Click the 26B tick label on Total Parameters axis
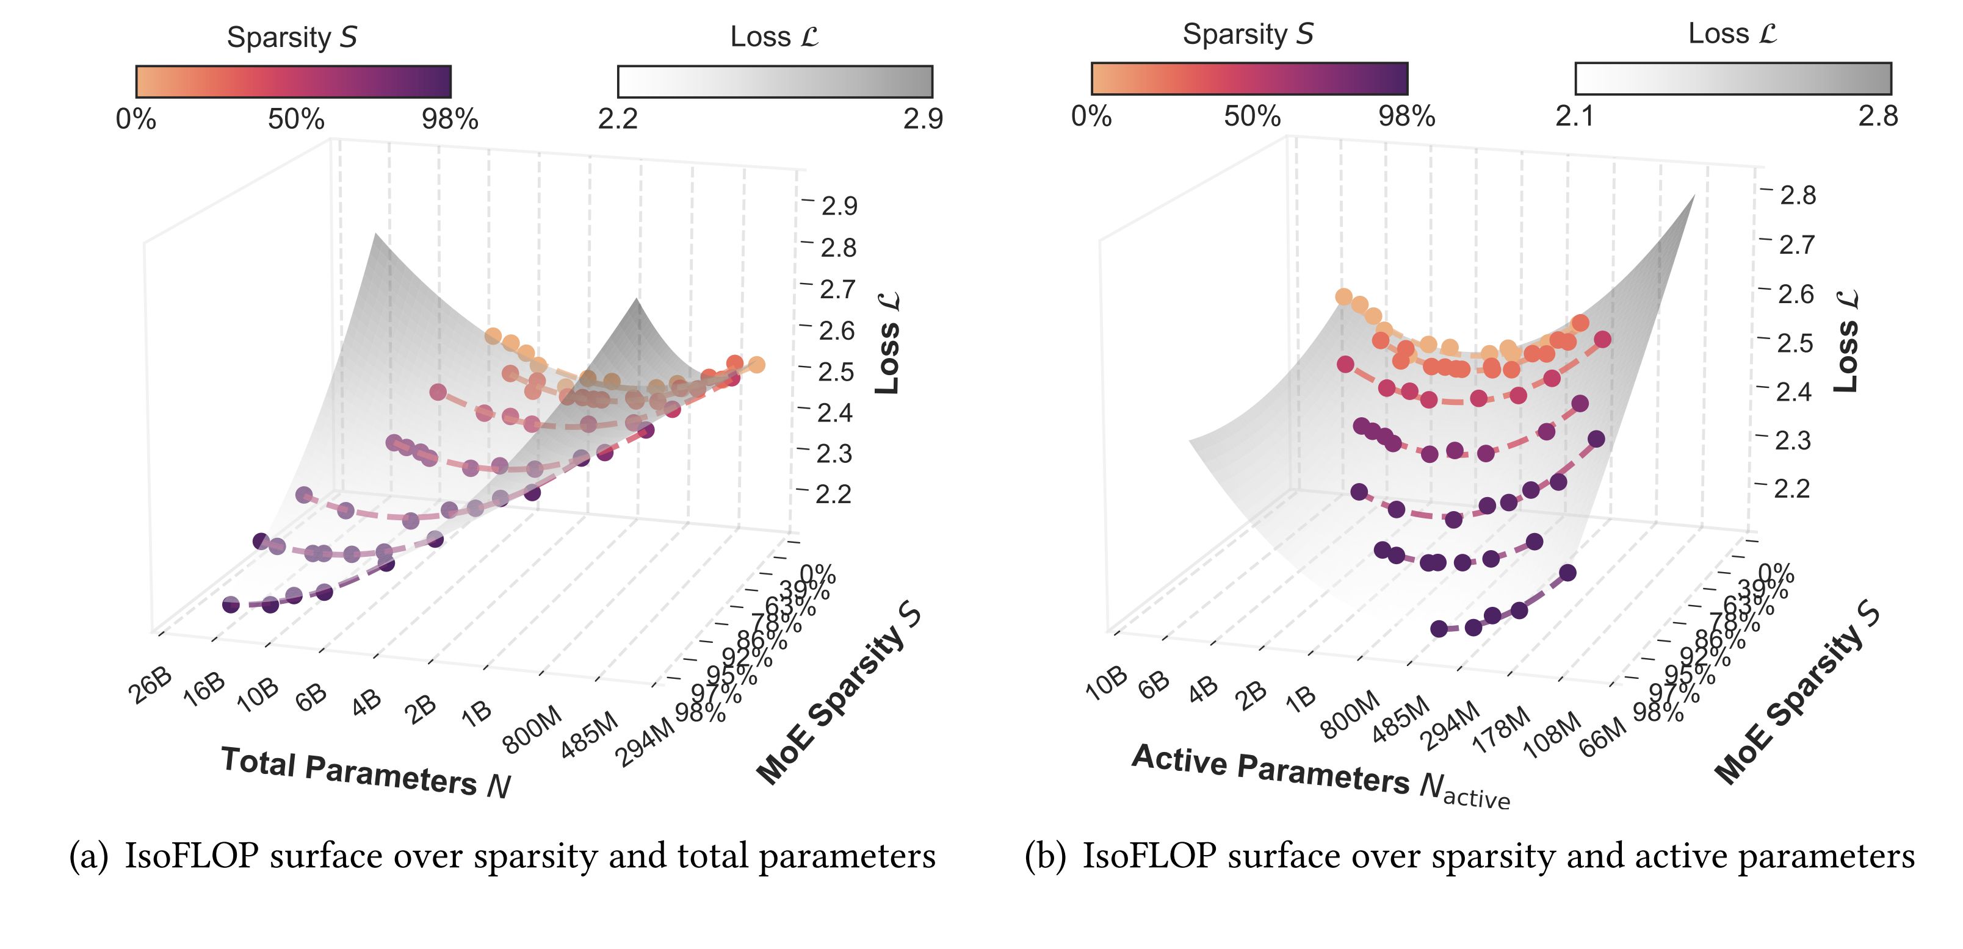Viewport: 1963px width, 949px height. (150, 686)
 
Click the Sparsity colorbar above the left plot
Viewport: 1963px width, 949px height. (294, 82)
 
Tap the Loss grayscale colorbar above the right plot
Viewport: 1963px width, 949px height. (1733, 79)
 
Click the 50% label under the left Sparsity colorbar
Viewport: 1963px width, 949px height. (295, 120)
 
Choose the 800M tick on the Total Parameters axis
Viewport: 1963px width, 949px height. (533, 729)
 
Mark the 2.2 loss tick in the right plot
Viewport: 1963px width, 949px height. (1791, 488)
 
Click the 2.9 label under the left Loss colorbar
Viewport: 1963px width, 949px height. (923, 120)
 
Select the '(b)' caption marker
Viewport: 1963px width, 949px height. (1045, 856)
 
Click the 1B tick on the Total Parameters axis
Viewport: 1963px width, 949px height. (477, 714)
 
